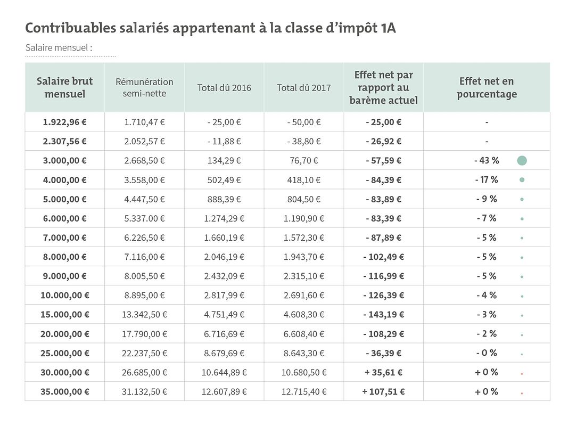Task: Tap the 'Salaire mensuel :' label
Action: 59,48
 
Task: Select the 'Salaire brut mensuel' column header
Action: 64,87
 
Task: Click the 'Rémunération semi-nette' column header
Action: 144,87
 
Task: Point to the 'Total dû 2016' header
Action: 224,88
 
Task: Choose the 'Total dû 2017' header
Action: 303,88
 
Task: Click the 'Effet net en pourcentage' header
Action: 487,87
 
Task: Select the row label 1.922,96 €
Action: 64,122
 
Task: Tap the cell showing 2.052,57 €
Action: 144,141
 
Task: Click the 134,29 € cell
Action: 224,160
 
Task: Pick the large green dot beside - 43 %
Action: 522,160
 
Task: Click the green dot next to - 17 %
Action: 522,180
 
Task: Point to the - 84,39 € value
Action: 383,180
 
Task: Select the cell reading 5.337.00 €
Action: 144,218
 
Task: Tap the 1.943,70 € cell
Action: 303,257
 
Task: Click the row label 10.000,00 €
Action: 64,295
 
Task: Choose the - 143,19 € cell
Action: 383,314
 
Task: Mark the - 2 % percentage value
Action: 487,333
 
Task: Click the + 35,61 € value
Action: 383,372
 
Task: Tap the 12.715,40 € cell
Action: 303,391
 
